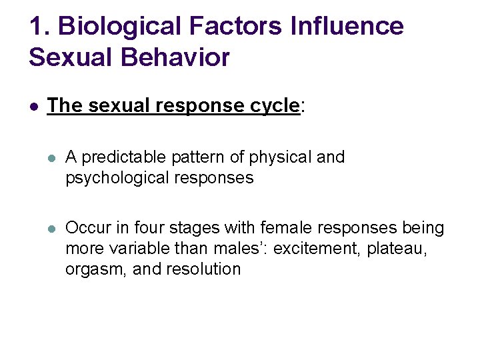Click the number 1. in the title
click(39, 26)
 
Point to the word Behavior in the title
click(175, 57)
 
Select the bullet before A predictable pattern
click(51, 158)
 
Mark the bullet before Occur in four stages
click(51, 229)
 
